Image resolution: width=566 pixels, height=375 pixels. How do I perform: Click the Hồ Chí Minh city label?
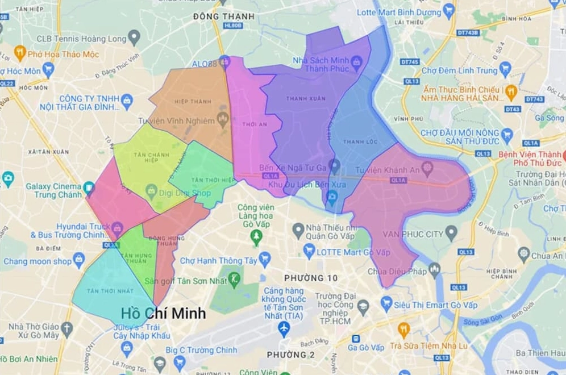click(x=163, y=313)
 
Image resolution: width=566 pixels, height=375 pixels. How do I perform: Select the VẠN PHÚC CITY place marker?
click(x=451, y=233)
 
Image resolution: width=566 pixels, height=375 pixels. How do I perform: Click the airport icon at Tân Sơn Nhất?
click(x=284, y=328)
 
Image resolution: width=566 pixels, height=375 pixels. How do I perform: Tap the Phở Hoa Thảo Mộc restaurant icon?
click(x=20, y=54)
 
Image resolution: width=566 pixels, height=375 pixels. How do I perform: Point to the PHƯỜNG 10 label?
click(x=311, y=278)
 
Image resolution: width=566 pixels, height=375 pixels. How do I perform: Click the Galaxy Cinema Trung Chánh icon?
click(x=89, y=188)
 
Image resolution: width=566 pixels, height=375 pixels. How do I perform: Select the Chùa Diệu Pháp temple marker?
click(x=434, y=269)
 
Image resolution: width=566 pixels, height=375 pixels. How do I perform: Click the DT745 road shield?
click(x=409, y=61)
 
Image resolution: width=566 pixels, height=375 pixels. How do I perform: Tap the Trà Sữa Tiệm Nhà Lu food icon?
click(x=403, y=330)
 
